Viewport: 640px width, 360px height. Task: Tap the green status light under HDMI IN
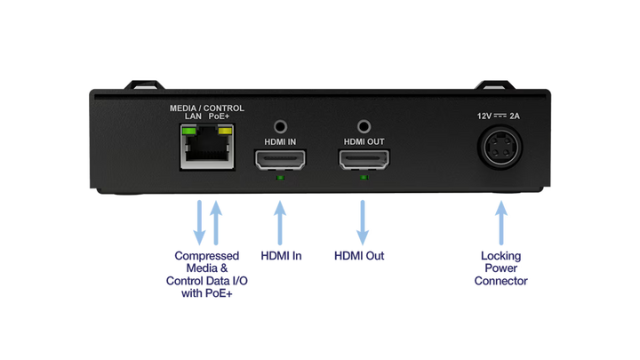click(x=281, y=179)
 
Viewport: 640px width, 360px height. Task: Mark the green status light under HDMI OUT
click(x=363, y=179)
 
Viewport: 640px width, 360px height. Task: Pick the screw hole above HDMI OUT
click(x=363, y=127)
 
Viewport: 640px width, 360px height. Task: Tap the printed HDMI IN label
click(x=281, y=142)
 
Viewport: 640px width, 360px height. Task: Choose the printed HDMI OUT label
click(x=363, y=142)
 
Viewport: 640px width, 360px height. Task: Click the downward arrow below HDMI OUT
click(x=363, y=222)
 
